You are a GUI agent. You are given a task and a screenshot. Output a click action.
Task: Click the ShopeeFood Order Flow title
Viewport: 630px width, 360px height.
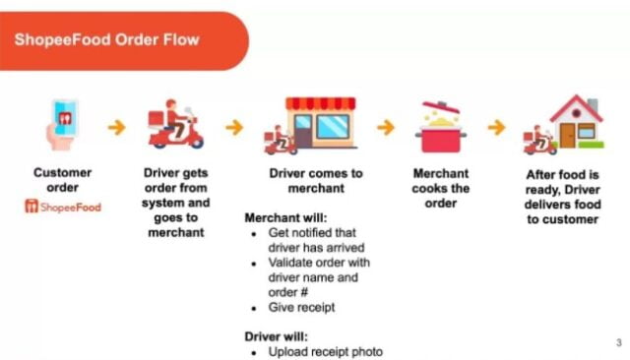coord(107,39)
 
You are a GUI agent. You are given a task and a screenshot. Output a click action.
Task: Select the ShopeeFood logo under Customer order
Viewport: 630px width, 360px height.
coord(63,207)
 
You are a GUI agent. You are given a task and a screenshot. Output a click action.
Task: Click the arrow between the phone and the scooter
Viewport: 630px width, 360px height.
coord(116,128)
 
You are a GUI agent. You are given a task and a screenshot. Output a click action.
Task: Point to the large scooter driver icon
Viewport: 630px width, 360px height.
coord(176,124)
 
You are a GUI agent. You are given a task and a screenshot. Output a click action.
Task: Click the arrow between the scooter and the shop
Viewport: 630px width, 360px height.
coord(234,128)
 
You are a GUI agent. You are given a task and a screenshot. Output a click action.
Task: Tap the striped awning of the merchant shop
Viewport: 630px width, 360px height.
coord(321,103)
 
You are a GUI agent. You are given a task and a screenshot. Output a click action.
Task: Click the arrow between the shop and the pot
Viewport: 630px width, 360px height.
coord(386,128)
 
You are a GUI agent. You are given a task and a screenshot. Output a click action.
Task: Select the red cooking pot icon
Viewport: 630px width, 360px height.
coord(441,139)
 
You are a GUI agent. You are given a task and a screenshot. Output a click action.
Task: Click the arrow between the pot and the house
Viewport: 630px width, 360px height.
coord(496,128)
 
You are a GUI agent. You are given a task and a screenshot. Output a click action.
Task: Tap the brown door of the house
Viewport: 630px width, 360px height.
coord(567,136)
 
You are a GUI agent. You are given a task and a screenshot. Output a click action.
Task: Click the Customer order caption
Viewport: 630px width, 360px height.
coord(62,180)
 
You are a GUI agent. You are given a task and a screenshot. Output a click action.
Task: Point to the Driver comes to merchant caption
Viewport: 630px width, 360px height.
coord(316,181)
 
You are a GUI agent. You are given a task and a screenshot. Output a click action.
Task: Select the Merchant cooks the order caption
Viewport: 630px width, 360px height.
coord(441,188)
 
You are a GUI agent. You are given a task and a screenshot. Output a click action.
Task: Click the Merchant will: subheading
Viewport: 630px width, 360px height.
coord(285,218)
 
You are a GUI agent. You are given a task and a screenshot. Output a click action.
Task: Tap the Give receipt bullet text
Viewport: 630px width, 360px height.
coord(301,308)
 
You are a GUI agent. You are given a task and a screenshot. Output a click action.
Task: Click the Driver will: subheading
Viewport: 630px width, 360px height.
coord(276,336)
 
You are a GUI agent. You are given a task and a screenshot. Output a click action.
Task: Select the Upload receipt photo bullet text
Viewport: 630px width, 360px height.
coord(326,352)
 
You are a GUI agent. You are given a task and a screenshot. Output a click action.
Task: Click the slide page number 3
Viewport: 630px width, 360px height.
coord(619,342)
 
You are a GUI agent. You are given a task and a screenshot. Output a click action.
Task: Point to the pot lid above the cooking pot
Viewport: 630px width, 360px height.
coord(440,107)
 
